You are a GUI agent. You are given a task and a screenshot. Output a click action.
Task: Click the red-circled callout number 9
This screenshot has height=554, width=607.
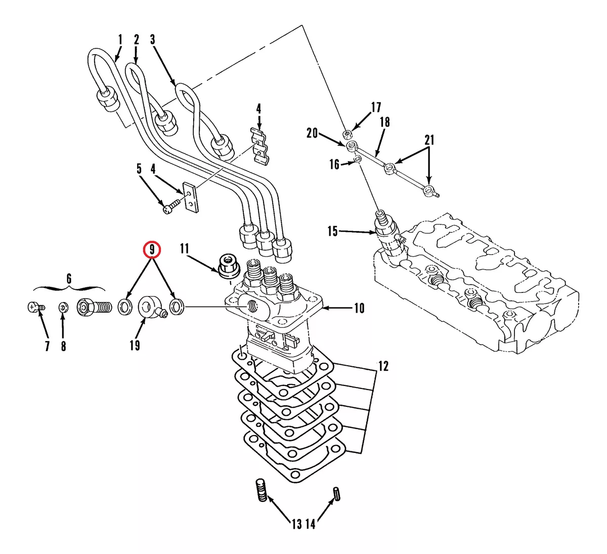pyautogui.click(x=151, y=249)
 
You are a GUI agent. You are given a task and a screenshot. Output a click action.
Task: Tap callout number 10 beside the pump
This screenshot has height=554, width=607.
pyautogui.click(x=359, y=308)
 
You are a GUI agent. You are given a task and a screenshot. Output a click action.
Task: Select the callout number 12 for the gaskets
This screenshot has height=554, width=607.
pyautogui.click(x=383, y=366)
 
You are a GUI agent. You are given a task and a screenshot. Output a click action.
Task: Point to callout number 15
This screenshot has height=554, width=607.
pyautogui.click(x=332, y=232)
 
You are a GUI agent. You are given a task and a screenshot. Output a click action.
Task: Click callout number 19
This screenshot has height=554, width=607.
pyautogui.click(x=135, y=346)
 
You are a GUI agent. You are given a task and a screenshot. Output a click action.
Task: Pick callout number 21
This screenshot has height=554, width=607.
pyautogui.click(x=429, y=140)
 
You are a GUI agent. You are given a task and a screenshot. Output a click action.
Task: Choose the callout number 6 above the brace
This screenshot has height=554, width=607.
pyautogui.click(x=69, y=278)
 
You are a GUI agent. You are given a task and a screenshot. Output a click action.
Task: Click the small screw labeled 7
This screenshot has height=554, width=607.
pyautogui.click(x=34, y=307)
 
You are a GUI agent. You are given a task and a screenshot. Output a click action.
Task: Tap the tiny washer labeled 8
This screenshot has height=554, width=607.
pyautogui.click(x=63, y=307)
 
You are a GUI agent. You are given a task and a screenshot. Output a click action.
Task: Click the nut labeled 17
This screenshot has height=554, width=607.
pyautogui.click(x=348, y=134)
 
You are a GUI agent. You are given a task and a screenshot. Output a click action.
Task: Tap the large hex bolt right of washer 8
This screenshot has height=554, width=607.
pyautogui.click(x=94, y=307)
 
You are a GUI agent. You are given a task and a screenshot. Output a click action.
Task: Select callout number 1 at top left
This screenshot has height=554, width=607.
pyautogui.click(x=120, y=39)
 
